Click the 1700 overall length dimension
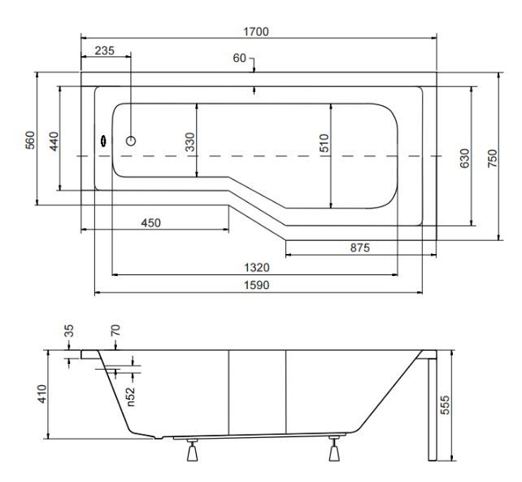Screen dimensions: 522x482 tap(256, 32)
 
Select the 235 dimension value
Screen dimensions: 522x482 tap(105, 50)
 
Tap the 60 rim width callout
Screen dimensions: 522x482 tap(239, 58)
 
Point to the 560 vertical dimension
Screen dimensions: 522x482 tap(30, 140)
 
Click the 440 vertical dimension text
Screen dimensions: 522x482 tap(54, 142)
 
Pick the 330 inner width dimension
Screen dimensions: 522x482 tap(189, 142)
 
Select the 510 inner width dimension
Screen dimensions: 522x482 tap(324, 143)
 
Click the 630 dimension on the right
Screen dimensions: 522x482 tap(464, 158)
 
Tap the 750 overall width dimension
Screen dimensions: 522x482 tap(493, 158)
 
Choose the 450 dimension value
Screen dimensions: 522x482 tap(150, 222)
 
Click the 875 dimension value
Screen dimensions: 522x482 tap(360, 248)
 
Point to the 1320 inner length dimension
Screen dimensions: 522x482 tap(257, 267)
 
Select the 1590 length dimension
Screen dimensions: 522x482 tap(257, 285)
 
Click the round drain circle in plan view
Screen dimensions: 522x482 tap(131, 141)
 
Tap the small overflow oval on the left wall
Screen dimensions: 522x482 tap(103, 142)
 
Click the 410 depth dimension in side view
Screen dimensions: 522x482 tap(42, 394)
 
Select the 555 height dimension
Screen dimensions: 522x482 tap(445, 405)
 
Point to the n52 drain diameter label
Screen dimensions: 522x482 tap(131, 397)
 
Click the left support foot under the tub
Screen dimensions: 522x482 tap(193, 450)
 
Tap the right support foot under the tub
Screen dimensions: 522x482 tap(334, 449)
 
